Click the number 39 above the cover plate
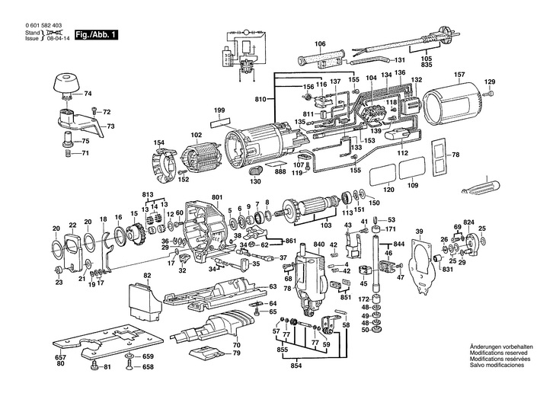[418, 232]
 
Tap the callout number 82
[147, 275]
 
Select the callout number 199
[219, 110]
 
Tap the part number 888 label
[280, 172]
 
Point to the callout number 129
[490, 81]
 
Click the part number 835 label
[427, 67]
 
